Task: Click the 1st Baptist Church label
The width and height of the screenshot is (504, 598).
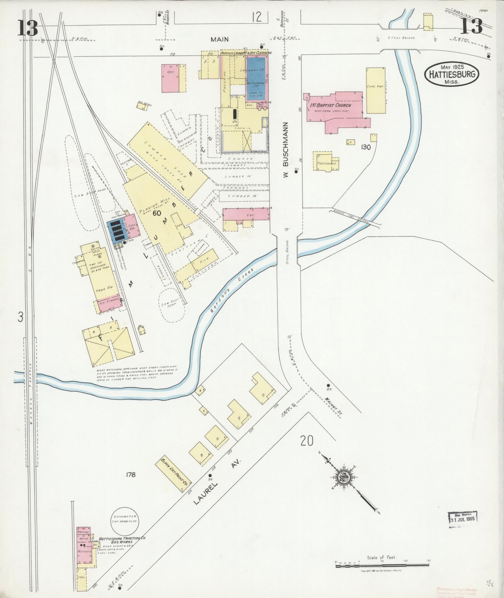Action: tap(330, 105)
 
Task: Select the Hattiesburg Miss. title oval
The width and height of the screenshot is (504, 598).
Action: tap(452, 74)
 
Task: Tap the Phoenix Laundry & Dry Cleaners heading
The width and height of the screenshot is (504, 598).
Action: tap(246, 53)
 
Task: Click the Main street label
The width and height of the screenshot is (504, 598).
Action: tap(219, 39)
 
